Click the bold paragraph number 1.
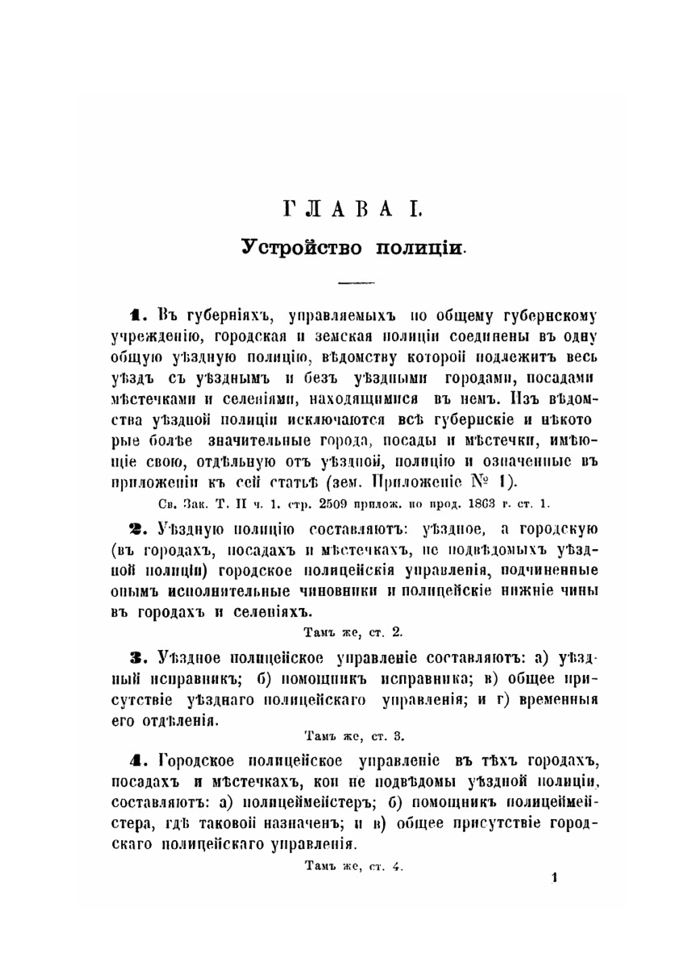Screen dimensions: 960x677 (x=136, y=315)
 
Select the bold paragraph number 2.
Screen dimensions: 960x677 (x=136, y=528)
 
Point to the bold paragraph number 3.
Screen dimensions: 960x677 (x=136, y=657)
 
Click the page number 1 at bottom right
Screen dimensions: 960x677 (x=554, y=879)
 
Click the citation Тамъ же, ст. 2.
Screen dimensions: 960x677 (x=353, y=633)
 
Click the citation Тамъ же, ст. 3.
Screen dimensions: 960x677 (x=354, y=736)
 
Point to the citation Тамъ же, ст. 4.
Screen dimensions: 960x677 (x=353, y=866)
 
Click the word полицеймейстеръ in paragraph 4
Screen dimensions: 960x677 (x=298, y=803)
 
